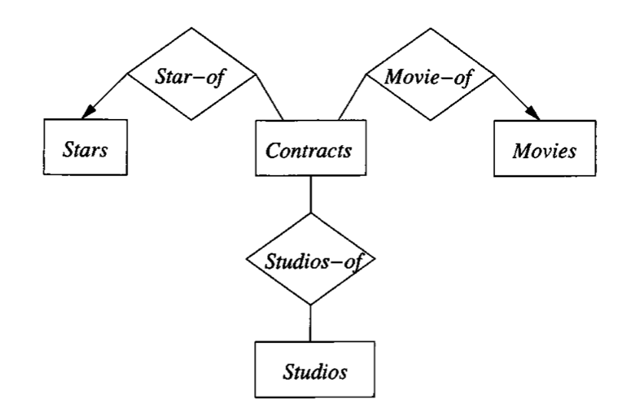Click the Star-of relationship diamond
(x=191, y=74)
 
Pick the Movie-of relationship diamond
(x=429, y=74)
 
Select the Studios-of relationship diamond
(x=310, y=260)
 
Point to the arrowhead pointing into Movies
(x=534, y=115)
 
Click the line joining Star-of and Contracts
(x=269, y=97)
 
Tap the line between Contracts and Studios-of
(x=310, y=194)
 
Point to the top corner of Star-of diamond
(x=191, y=28)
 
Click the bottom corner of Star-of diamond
(x=191, y=120)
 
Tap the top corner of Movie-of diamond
(x=429, y=28)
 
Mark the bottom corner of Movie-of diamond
(x=429, y=120)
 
